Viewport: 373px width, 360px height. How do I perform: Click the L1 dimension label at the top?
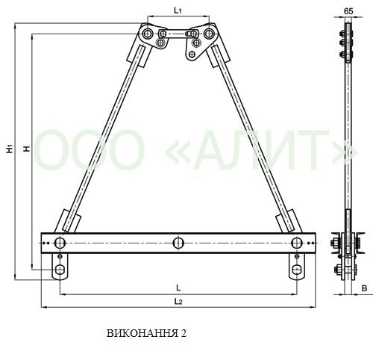(178, 10)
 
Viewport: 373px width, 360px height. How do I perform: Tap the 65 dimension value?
(348, 11)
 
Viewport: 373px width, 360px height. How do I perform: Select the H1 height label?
(10, 149)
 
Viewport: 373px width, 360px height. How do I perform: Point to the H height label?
(27, 149)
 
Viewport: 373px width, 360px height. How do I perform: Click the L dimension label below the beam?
(178, 288)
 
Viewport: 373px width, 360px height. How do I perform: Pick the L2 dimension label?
(178, 302)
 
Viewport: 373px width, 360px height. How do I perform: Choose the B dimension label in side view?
(364, 288)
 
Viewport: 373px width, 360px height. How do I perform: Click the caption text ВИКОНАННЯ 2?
(146, 333)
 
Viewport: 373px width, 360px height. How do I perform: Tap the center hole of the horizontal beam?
(178, 243)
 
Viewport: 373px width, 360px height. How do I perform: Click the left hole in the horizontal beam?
(60, 243)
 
